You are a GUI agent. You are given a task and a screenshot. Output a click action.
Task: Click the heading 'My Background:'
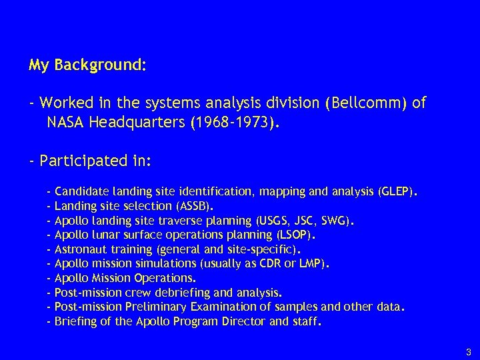coord(88,66)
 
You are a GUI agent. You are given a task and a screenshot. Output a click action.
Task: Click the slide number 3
coord(469,352)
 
